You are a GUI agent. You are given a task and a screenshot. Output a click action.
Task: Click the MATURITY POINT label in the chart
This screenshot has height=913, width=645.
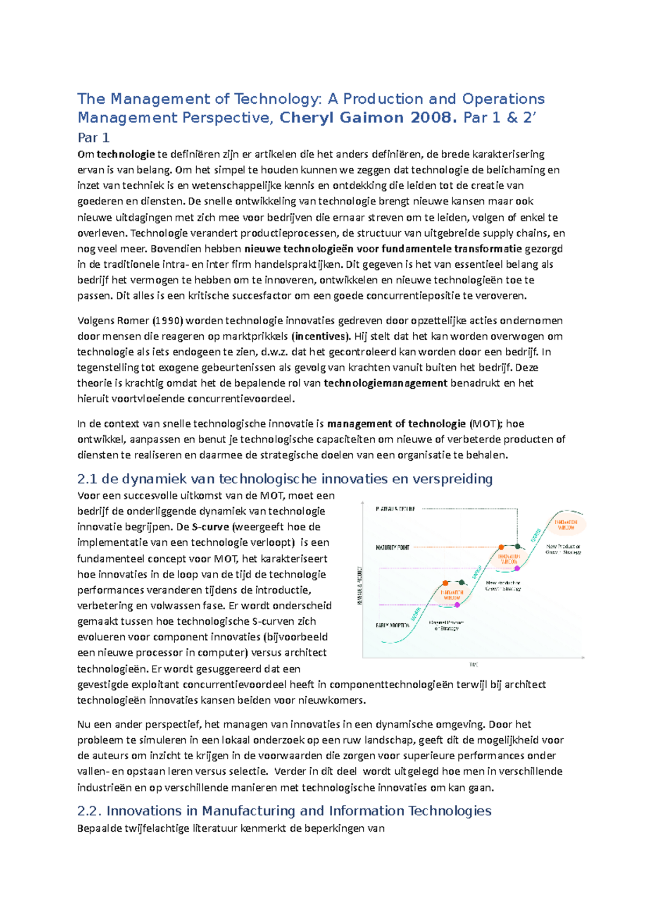392,547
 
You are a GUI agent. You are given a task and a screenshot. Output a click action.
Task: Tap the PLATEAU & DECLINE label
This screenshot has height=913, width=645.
396,509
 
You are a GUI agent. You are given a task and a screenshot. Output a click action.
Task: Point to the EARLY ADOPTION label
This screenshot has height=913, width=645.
392,625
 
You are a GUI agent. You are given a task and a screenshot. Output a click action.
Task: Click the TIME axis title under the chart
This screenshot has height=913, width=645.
474,665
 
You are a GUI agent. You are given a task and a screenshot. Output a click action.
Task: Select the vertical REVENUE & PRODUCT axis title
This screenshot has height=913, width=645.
360,586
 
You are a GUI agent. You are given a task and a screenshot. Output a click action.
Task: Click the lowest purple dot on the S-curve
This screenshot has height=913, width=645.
457,605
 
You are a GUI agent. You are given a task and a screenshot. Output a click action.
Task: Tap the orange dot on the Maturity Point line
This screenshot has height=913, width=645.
501,547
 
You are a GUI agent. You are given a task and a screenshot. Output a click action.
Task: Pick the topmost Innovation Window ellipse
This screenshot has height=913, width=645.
566,525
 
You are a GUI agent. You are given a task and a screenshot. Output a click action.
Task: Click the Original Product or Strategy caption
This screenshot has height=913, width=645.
446,625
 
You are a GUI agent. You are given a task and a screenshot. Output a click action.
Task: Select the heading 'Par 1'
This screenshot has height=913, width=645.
94,138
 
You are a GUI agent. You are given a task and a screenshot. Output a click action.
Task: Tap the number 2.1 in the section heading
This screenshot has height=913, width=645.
87,479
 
